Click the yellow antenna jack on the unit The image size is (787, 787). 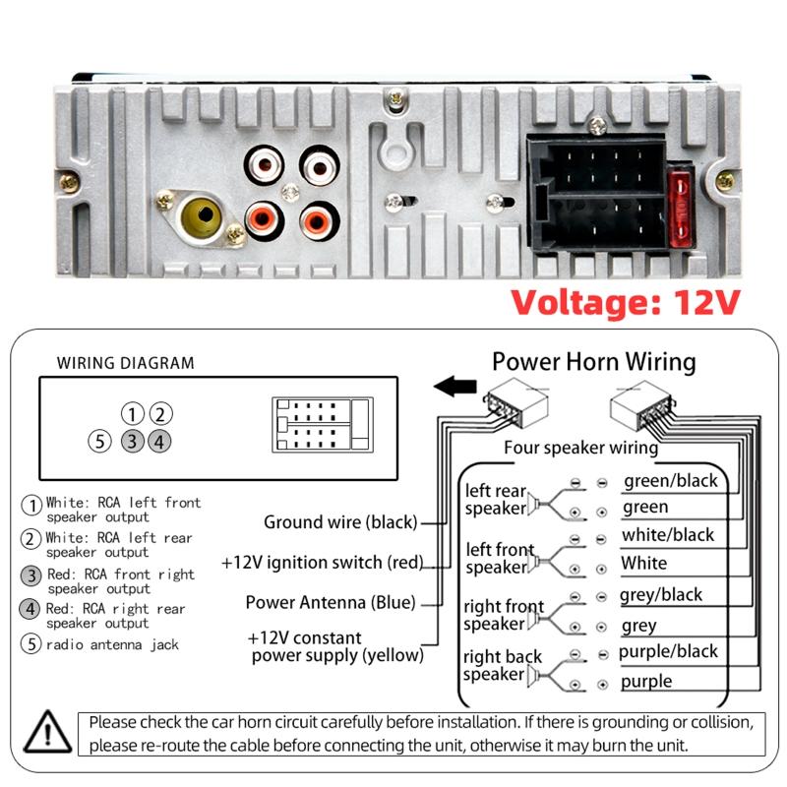(203, 216)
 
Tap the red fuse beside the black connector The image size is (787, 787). (681, 210)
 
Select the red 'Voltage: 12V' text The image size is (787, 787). (626, 303)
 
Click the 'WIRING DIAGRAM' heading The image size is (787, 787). (126, 363)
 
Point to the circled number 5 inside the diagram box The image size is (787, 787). (100, 442)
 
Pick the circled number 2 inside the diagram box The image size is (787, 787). (160, 414)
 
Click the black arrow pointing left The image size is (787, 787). (454, 386)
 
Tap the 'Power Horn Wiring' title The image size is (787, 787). (594, 362)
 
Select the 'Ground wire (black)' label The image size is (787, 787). (340, 522)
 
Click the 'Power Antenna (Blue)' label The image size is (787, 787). (331, 602)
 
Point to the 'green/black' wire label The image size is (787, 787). (671, 481)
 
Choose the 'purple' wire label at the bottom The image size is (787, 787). (646, 682)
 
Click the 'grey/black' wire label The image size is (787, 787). (660, 595)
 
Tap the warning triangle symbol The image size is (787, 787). (47, 732)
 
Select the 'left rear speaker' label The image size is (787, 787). (496, 500)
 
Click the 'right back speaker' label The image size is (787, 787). (503, 666)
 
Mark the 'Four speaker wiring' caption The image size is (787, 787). (580, 448)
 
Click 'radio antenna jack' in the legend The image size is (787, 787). (112, 644)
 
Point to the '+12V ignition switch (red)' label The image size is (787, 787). (323, 562)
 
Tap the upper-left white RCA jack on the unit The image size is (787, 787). (264, 164)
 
